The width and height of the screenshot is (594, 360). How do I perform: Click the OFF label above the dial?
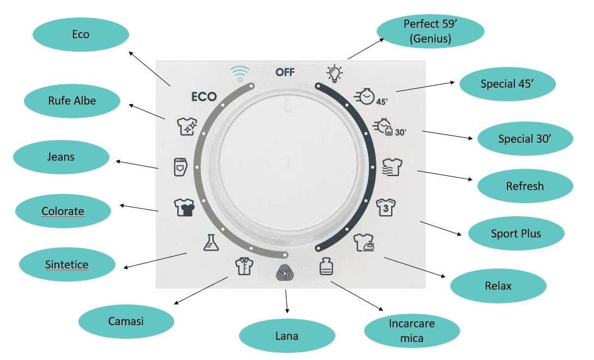[285, 72]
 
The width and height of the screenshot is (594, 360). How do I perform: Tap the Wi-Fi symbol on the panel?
[240, 74]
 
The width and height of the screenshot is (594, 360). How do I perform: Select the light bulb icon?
[334, 74]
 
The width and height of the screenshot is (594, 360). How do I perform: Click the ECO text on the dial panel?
[204, 97]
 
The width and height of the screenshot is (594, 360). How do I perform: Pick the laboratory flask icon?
[211, 242]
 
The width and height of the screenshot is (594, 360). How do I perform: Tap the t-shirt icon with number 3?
[385, 208]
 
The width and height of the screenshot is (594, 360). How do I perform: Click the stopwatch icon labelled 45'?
[370, 97]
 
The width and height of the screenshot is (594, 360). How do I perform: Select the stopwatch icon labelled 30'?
[389, 127]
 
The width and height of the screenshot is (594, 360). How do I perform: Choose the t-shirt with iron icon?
[364, 242]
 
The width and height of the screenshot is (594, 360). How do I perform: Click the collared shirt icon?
[244, 266]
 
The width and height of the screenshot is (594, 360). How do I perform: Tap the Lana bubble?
[287, 335]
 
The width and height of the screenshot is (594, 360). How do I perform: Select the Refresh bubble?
[525, 186]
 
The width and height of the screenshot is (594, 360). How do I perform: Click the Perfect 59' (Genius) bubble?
[430, 31]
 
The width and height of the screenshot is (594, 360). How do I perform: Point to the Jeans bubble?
[61, 157]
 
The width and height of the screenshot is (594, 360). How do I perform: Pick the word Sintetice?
[66, 264]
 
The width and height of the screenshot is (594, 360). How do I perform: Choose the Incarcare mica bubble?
[412, 331]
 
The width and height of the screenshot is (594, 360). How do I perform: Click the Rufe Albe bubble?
[72, 101]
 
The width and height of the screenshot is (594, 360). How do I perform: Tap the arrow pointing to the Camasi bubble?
[201, 291]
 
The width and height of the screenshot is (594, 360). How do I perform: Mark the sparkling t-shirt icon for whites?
[187, 126]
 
